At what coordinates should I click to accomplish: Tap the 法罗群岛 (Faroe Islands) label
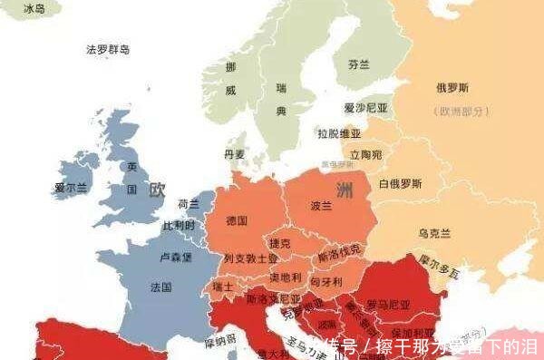108,49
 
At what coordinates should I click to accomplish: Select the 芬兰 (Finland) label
359,65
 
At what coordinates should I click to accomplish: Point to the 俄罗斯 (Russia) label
452,89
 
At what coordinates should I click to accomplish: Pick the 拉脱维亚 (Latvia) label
338,132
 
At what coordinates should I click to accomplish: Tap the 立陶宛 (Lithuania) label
366,154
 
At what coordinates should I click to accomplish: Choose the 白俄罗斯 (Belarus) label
400,184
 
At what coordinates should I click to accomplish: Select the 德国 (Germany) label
237,220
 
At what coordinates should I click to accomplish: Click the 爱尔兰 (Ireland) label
71,188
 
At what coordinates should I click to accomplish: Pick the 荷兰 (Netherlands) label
189,204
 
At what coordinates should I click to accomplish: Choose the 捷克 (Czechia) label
279,243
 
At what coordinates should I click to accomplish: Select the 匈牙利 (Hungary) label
325,282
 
